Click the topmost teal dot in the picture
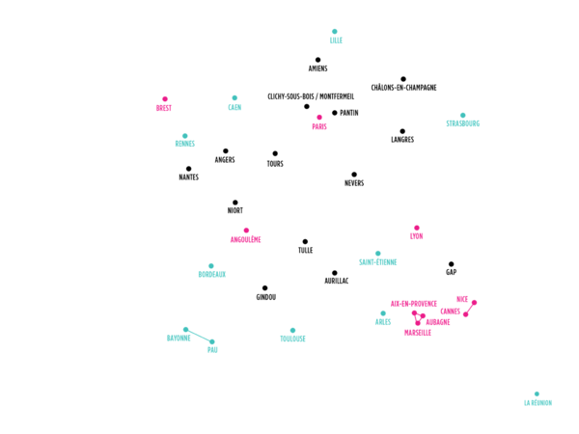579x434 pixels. click(335, 32)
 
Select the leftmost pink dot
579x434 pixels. click(165, 98)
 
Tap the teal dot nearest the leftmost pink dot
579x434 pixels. click(184, 136)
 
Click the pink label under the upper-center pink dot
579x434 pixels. click(319, 126)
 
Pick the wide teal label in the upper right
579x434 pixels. click(463, 123)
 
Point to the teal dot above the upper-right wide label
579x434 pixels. click(462, 115)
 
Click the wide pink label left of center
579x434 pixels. click(246, 239)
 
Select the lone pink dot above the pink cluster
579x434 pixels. click(417, 229)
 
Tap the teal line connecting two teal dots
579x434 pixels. click(199, 336)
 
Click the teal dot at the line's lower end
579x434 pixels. click(212, 342)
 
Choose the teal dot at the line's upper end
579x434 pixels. click(185, 329)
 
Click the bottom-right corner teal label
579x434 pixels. click(538, 402)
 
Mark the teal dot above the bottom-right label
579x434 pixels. click(537, 393)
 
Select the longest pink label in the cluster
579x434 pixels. click(414, 304)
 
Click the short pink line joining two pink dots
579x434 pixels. click(470, 308)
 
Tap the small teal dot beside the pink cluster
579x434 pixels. click(383, 312)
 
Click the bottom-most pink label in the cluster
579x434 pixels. click(418, 333)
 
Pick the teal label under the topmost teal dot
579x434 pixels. click(336, 41)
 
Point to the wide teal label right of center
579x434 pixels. click(378, 262)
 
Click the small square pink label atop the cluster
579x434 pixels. click(462, 299)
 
